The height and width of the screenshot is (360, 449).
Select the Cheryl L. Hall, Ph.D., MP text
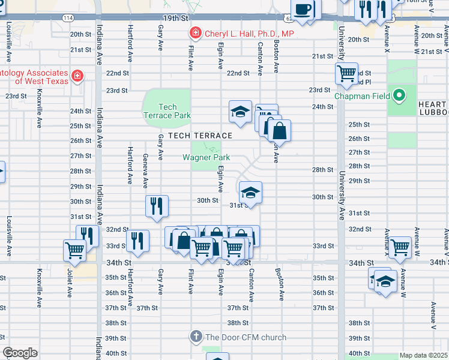pyautogui.click(x=249, y=34)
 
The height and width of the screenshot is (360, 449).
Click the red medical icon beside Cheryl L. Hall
pyautogui.click(x=195, y=34)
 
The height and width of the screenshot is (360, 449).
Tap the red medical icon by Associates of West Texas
pyautogui.click(x=77, y=76)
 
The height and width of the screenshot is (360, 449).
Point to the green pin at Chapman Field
pyautogui.click(x=398, y=95)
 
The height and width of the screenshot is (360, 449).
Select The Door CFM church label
pyautogui.click(x=246, y=337)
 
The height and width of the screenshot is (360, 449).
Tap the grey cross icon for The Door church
pyautogui.click(x=196, y=337)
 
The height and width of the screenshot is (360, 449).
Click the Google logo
pyautogui.click(x=20, y=353)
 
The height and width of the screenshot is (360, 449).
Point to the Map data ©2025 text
pyautogui.click(x=423, y=355)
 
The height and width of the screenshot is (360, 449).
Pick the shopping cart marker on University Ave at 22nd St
pyautogui.click(x=346, y=73)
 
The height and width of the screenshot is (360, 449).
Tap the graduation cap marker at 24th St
pyautogui.click(x=240, y=112)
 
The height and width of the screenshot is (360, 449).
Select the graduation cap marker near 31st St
pyautogui.click(x=250, y=192)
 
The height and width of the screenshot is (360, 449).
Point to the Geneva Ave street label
pyautogui.click(x=145, y=170)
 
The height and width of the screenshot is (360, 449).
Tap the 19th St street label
pyautogui.click(x=176, y=19)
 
